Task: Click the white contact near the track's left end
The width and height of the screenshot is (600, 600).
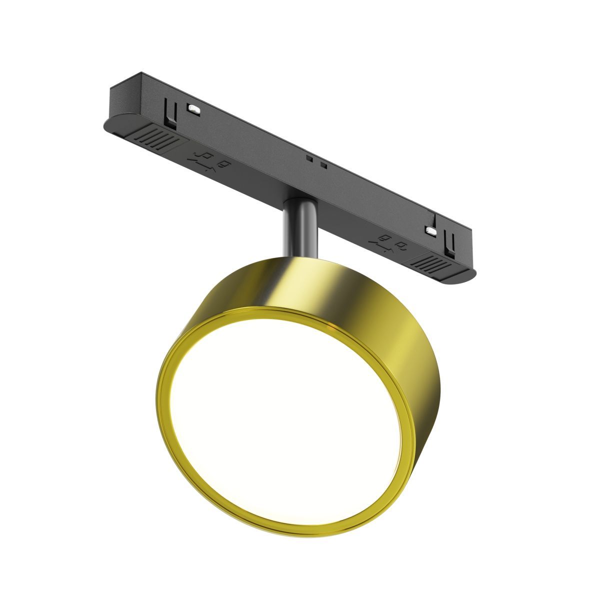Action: [193, 107]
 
